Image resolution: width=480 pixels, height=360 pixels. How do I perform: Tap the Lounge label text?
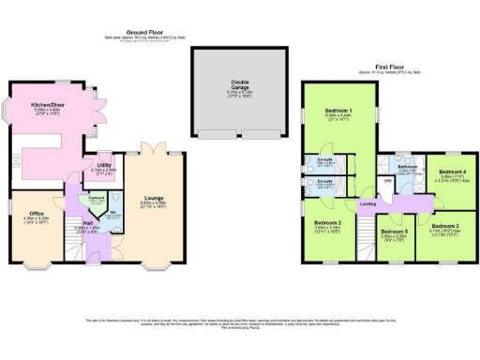click(153, 199)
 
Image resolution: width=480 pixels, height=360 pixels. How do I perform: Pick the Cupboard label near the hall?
click(95, 198)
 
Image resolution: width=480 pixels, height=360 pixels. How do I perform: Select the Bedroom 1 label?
click(337, 112)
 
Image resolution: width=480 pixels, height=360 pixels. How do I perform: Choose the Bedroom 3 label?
click(444, 226)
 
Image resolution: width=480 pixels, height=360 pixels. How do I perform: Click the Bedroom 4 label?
click(453, 172)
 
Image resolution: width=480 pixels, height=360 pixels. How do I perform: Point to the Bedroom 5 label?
click(393, 232)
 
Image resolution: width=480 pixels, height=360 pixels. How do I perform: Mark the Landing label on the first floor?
click(370, 205)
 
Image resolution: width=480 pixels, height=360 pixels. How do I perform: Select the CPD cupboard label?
click(387, 181)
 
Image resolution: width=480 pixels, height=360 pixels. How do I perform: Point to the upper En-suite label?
click(325, 159)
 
